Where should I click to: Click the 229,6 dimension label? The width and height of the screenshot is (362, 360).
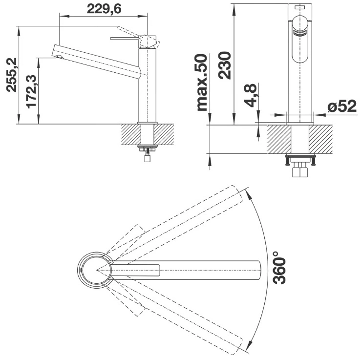click(104, 9)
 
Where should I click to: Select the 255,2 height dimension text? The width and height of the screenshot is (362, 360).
click(12, 75)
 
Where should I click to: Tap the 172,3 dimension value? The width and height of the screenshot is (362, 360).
click(31, 91)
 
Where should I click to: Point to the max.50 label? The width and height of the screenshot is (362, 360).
click(202, 82)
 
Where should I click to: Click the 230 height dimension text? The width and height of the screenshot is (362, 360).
click(225, 65)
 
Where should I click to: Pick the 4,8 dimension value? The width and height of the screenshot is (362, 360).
click(251, 95)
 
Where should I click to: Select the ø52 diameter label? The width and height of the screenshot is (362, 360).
click(342, 106)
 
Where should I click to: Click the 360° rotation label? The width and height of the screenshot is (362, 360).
click(279, 268)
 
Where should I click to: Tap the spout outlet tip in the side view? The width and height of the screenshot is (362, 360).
click(59, 58)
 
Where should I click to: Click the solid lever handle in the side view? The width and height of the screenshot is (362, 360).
click(125, 39)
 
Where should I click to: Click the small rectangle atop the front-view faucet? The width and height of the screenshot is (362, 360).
click(299, 8)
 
